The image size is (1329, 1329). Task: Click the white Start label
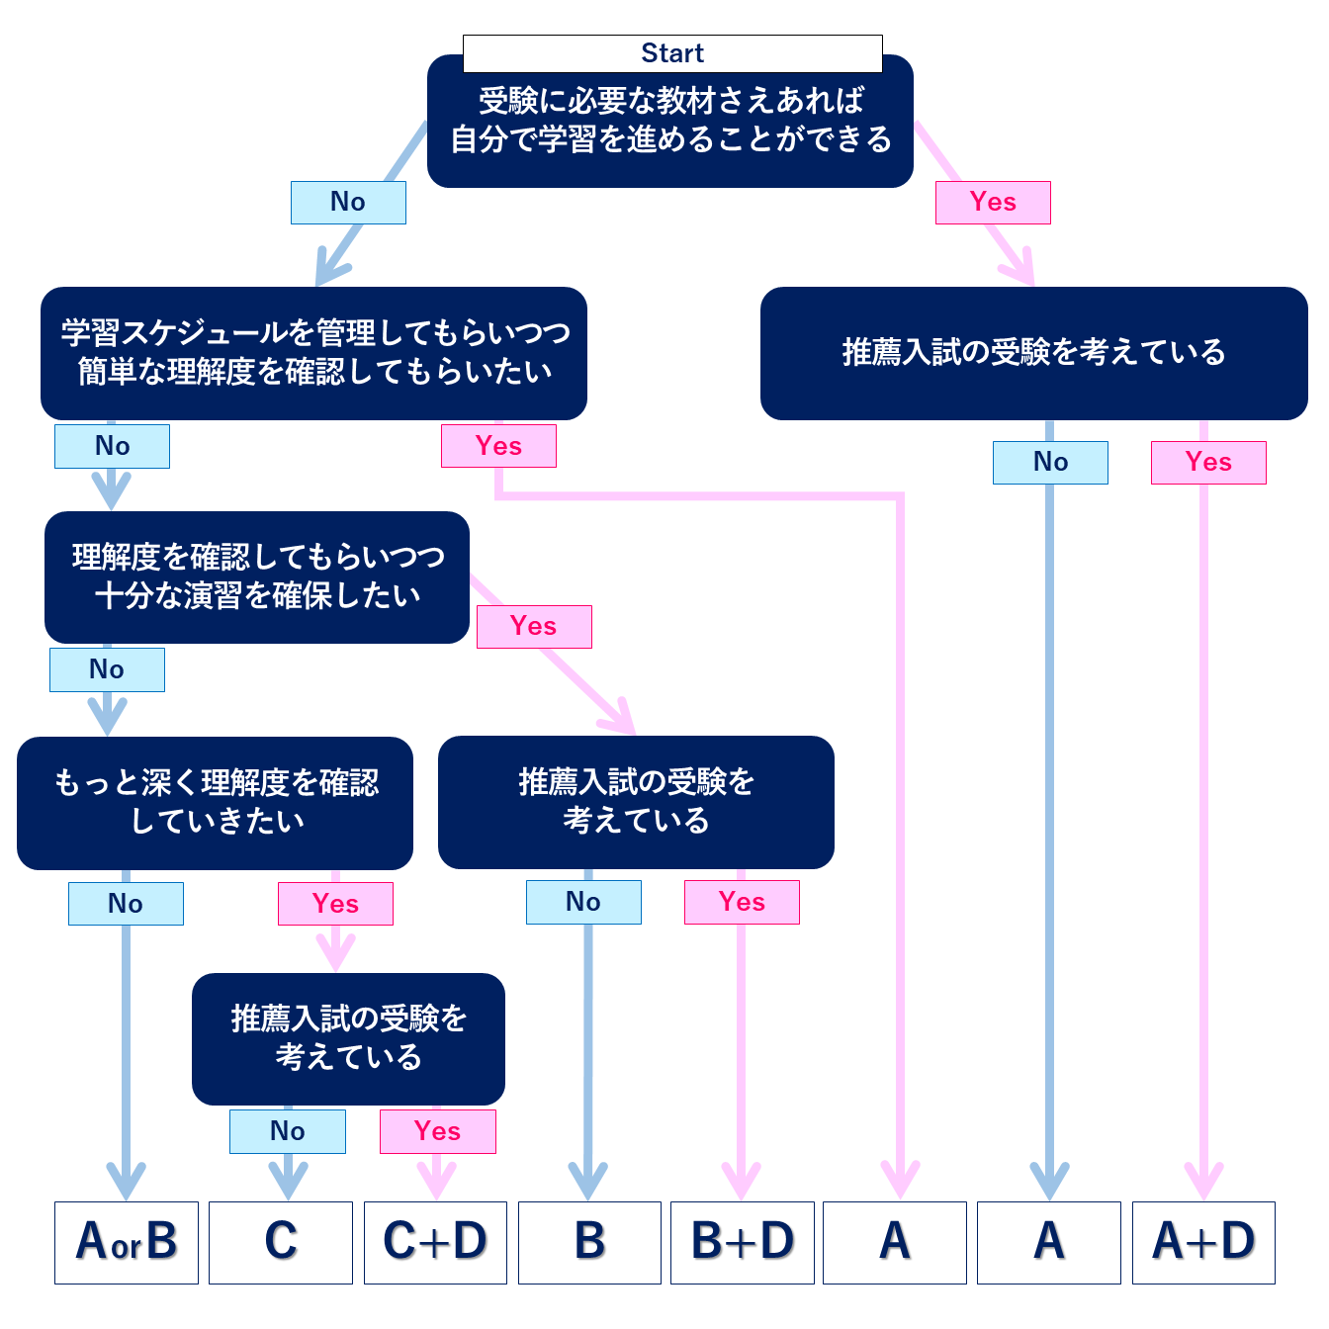(672, 53)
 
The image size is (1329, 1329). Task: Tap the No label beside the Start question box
(348, 202)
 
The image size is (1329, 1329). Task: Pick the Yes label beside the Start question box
(993, 202)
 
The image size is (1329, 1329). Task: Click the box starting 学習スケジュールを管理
(313, 353)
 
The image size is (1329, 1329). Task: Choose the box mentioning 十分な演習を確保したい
(257, 577)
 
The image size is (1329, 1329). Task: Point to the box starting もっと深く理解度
(215, 803)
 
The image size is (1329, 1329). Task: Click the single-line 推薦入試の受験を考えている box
(1033, 353)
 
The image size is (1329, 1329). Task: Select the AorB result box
(127, 1242)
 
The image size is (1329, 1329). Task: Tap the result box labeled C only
(281, 1242)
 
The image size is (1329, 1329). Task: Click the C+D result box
(435, 1242)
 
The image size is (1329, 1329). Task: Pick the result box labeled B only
(589, 1242)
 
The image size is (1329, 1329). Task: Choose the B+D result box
(743, 1242)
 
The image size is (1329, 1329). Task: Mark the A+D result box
(1203, 1242)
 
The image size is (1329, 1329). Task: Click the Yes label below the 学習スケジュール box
(498, 446)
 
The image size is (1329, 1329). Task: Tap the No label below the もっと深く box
(126, 904)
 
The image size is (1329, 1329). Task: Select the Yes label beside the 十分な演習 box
(534, 627)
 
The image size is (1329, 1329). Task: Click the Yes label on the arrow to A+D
(1208, 462)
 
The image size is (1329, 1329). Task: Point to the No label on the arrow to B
(583, 902)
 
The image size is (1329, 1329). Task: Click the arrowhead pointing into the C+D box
(436, 1182)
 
